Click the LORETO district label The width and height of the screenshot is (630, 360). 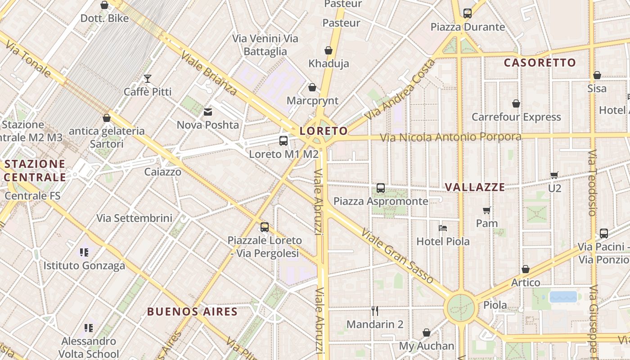tap(324, 131)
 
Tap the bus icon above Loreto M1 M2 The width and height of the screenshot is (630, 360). tap(283, 141)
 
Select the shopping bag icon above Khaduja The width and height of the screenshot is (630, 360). tap(328, 50)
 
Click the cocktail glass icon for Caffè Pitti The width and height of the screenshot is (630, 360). tap(147, 79)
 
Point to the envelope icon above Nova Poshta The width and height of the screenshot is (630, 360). tap(208, 112)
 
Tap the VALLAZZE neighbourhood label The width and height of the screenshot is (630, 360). tap(475, 187)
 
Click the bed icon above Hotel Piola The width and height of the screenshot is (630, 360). tap(443, 228)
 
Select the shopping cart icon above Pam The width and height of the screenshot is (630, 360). tap(487, 210)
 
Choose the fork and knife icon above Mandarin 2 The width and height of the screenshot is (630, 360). tap(374, 310)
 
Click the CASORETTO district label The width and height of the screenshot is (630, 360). tap(540, 63)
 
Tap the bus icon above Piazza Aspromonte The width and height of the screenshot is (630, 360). tap(381, 188)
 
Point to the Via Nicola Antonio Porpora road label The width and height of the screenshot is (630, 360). tap(450, 137)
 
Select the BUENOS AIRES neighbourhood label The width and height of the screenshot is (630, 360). tap(192, 311)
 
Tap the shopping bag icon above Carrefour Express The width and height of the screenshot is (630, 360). tap(516, 104)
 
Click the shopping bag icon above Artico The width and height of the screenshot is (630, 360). tap(525, 270)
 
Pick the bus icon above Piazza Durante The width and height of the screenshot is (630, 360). tap(468, 13)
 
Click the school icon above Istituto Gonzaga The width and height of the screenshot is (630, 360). tap(84, 252)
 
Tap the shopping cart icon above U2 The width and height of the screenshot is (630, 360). tap(554, 175)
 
